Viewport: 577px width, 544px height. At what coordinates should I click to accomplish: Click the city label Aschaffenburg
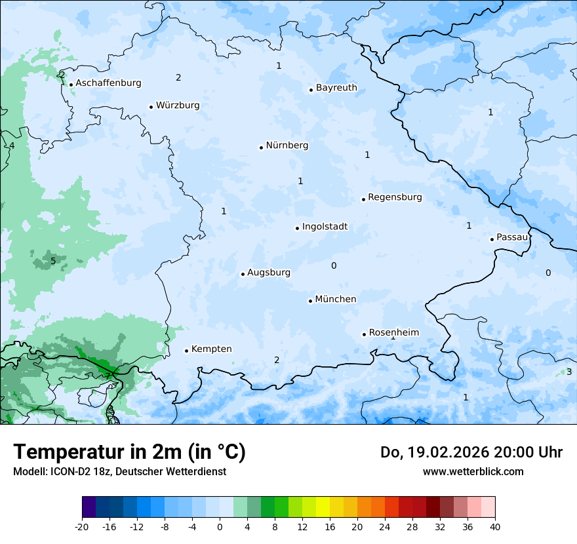tap(108, 83)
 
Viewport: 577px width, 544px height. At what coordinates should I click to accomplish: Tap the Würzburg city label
tap(178, 106)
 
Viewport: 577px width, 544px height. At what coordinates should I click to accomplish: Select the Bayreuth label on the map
tap(336, 88)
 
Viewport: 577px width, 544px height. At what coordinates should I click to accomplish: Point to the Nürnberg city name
tap(287, 146)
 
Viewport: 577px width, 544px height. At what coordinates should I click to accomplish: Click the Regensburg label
tap(395, 197)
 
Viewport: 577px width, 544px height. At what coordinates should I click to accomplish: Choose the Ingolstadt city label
tap(325, 227)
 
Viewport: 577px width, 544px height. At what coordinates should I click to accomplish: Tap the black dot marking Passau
tap(492, 239)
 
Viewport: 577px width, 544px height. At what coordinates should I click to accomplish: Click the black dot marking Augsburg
tap(243, 274)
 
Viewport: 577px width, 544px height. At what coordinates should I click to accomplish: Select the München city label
tap(336, 300)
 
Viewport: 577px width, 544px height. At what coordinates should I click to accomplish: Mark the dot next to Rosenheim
tap(364, 334)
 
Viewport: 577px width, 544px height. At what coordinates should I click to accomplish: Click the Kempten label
tap(211, 349)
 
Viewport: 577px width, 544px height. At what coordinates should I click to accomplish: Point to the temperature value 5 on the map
tap(53, 262)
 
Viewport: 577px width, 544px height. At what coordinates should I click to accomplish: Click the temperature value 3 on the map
tap(568, 372)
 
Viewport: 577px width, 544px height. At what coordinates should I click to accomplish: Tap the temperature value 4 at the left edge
tap(11, 146)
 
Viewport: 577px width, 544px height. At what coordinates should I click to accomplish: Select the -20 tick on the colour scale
tap(82, 526)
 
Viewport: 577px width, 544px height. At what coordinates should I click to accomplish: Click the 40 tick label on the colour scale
tap(495, 526)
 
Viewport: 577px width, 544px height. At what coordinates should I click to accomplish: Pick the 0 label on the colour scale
tap(220, 526)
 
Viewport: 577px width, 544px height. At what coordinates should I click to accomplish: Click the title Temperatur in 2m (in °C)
tap(129, 452)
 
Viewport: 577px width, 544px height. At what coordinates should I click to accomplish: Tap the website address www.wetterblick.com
tap(473, 471)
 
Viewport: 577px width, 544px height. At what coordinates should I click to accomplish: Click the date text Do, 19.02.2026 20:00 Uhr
tap(471, 452)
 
